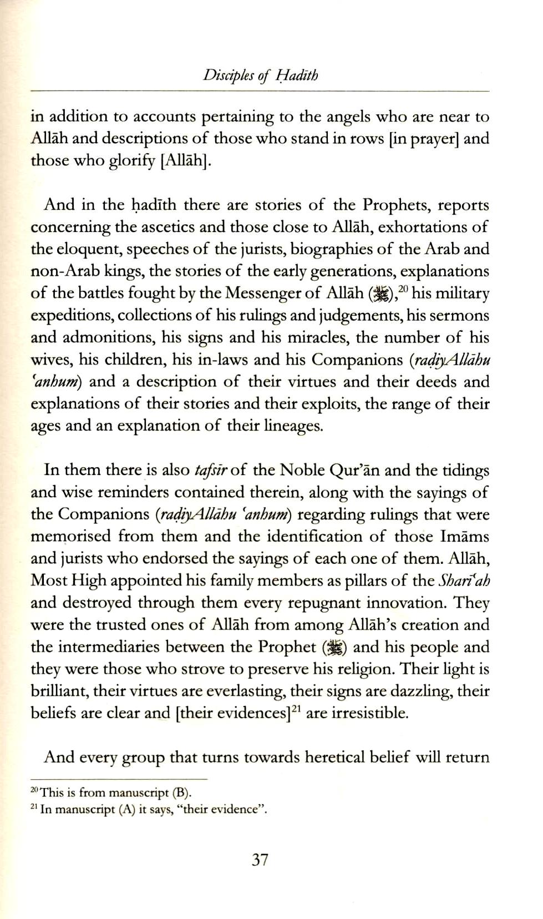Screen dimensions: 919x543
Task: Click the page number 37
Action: click(x=260, y=860)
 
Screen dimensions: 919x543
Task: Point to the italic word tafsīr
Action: click(x=211, y=471)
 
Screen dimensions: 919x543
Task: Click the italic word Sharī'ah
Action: click(x=464, y=580)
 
